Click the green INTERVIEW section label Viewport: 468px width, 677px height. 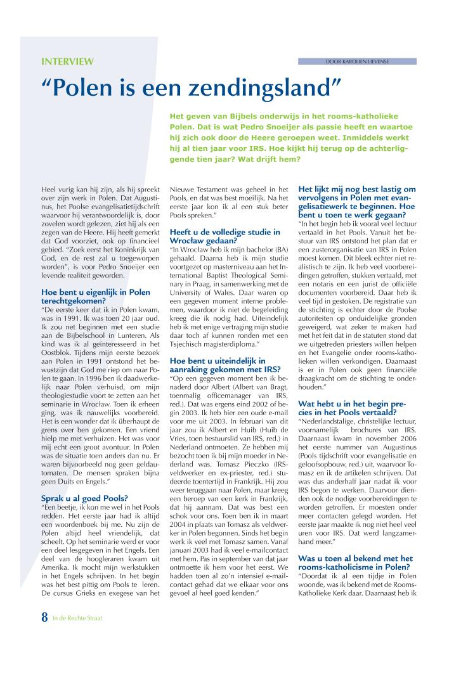pos(67,61)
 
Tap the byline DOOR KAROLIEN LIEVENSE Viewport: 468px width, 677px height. pos(357,61)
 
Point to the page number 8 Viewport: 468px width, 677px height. pos(44,634)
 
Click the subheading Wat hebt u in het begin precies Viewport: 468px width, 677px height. pos(356,407)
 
